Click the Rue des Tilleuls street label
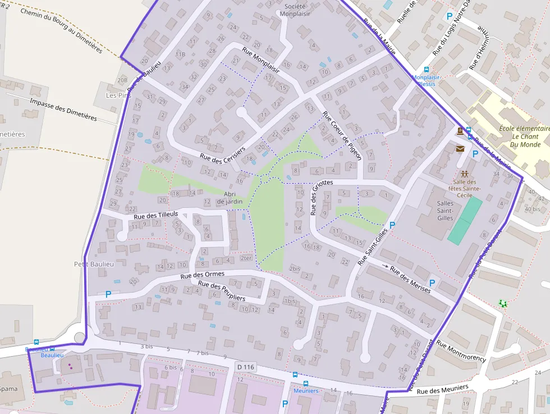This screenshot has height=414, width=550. [x=156, y=215]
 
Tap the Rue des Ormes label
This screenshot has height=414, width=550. [x=202, y=275]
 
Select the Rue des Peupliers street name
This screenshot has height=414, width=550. [x=222, y=290]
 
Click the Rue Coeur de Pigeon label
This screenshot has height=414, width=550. [x=342, y=135]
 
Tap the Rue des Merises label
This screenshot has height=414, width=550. [x=410, y=279]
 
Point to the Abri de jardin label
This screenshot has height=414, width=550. [x=229, y=198]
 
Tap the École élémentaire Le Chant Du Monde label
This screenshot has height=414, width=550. [x=522, y=137]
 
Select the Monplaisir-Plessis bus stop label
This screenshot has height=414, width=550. [x=427, y=80]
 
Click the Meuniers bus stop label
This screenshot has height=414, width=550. [x=306, y=390]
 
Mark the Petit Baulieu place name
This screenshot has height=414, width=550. [x=94, y=264]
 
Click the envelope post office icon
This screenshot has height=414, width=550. [x=460, y=149]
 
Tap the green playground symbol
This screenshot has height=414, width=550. [x=503, y=303]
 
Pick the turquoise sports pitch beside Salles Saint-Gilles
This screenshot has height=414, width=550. [x=465, y=220]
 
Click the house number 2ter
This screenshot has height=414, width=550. [x=245, y=258]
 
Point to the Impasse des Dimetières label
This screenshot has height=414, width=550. [x=63, y=110]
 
